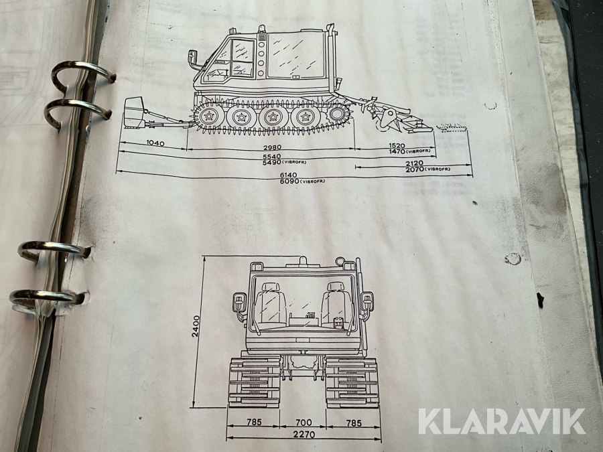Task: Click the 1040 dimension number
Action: pyautogui.click(x=155, y=143)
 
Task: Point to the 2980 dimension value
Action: pyautogui.click(x=272, y=147)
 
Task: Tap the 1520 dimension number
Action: pyautogui.click(x=397, y=146)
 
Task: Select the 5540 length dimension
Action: pyautogui.click(x=271, y=157)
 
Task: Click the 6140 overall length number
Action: pyautogui.click(x=288, y=175)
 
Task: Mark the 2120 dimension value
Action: pyautogui.click(x=414, y=163)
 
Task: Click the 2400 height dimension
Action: pyautogui.click(x=196, y=326)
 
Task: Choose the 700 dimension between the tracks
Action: pyautogui.click(x=304, y=423)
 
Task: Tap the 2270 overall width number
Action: pyautogui.click(x=304, y=435)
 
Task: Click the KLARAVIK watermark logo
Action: pyautogui.click(x=502, y=422)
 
